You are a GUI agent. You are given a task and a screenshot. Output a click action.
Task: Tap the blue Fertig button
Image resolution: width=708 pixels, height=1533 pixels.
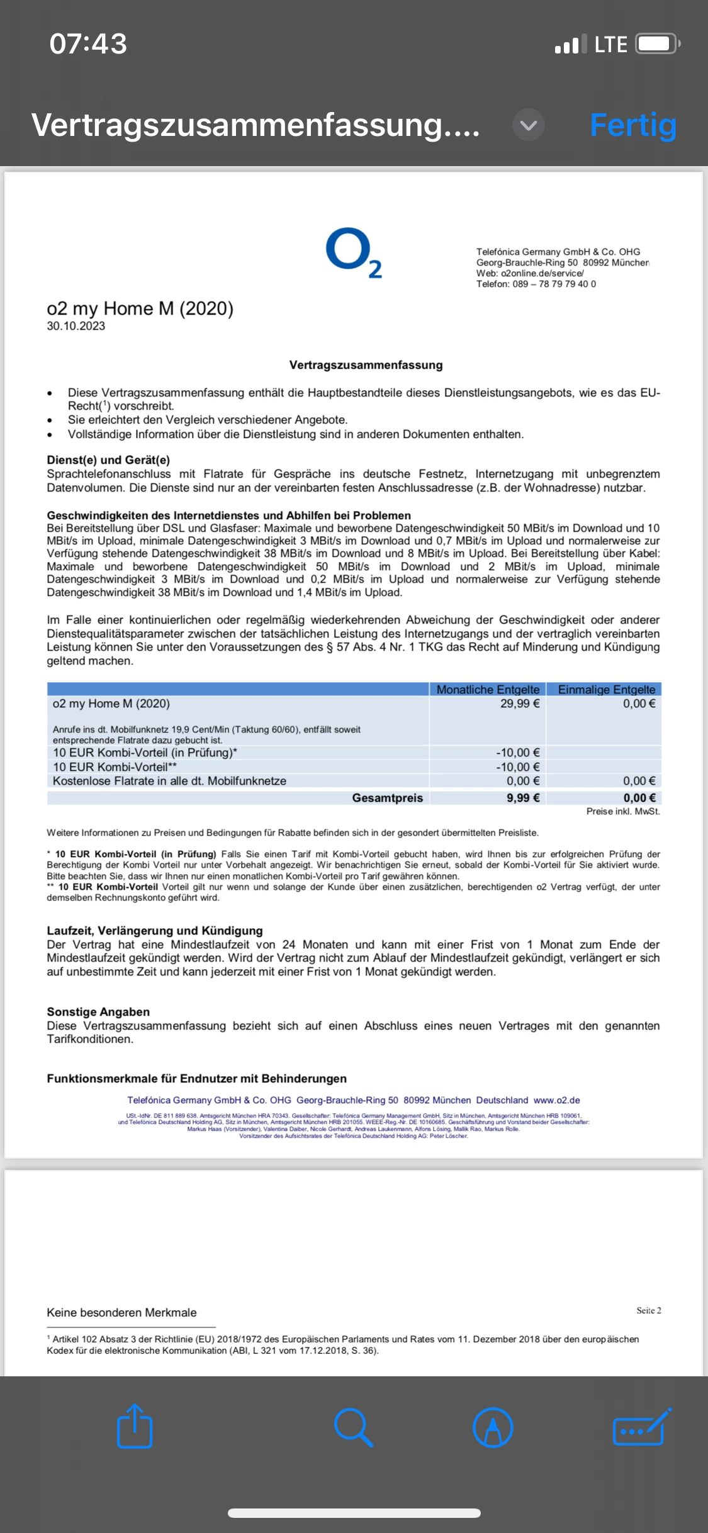632,125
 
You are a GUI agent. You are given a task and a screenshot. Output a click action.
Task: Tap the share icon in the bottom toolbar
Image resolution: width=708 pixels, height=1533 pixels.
135,1426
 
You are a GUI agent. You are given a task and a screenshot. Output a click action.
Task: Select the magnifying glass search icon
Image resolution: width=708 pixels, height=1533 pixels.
354,1427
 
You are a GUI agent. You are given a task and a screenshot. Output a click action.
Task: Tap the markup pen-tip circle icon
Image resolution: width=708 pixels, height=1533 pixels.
493,1427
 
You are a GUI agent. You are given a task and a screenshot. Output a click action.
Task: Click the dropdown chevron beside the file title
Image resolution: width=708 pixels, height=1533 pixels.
529,125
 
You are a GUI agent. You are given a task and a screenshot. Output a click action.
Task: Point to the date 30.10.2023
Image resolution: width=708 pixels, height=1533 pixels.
76,326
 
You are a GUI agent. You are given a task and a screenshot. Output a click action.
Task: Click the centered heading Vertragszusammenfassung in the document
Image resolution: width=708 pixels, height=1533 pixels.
366,365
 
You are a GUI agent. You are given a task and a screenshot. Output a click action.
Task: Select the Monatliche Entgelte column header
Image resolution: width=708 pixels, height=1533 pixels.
488,689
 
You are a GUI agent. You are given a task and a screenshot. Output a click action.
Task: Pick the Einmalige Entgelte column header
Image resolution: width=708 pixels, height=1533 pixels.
606,689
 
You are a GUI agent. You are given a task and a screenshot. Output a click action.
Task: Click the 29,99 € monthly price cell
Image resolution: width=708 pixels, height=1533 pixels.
520,704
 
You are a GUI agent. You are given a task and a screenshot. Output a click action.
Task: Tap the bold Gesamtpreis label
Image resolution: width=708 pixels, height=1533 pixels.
387,798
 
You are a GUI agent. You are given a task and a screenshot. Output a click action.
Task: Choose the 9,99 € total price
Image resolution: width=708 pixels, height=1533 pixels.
523,798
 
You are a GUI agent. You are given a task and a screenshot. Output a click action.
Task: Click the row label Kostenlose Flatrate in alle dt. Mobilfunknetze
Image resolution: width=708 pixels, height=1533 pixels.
169,781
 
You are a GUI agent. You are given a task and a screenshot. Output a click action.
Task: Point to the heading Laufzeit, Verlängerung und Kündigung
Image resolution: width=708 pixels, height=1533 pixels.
155,931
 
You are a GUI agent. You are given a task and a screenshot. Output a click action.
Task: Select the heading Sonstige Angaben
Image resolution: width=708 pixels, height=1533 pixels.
98,1012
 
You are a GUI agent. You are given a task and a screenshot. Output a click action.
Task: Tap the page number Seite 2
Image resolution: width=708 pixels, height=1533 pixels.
648,1310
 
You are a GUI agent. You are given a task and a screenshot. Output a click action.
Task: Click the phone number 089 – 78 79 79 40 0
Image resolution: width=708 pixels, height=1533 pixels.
554,284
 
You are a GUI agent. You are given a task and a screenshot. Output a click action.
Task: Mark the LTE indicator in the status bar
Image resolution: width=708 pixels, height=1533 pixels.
610,45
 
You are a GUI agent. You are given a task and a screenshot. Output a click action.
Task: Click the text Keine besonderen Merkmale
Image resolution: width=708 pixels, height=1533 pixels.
121,1313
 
